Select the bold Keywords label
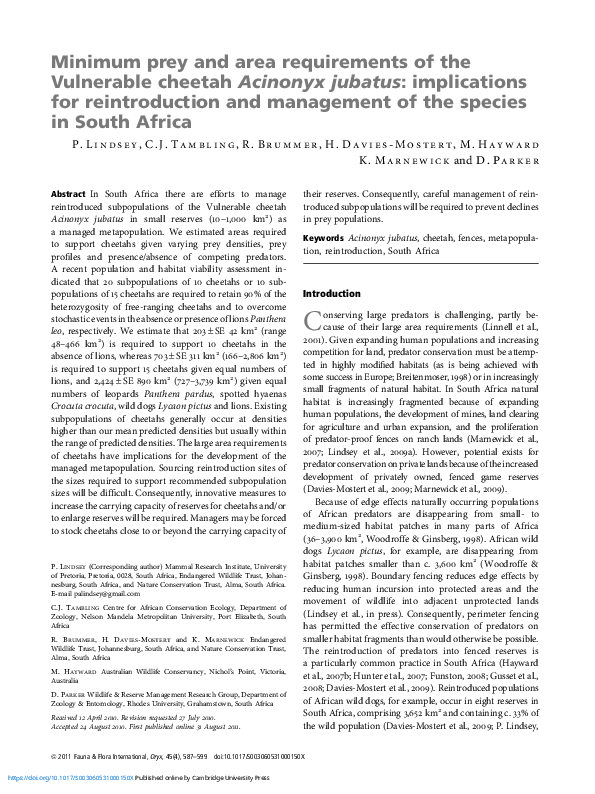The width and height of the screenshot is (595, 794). point(323,239)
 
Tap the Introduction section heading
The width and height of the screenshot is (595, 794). point(331,295)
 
